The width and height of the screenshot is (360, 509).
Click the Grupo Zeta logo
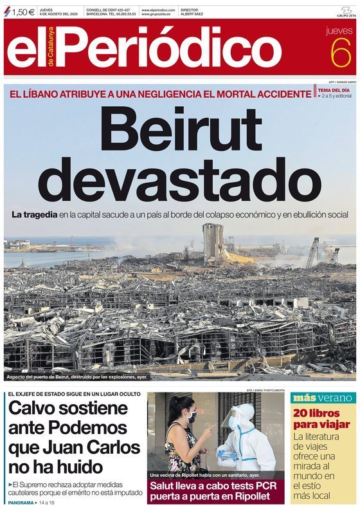(345, 11)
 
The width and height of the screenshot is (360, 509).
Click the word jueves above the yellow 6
(339, 30)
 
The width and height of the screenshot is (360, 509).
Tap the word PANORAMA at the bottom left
(21, 501)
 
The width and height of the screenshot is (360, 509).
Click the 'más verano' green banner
(321, 397)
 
